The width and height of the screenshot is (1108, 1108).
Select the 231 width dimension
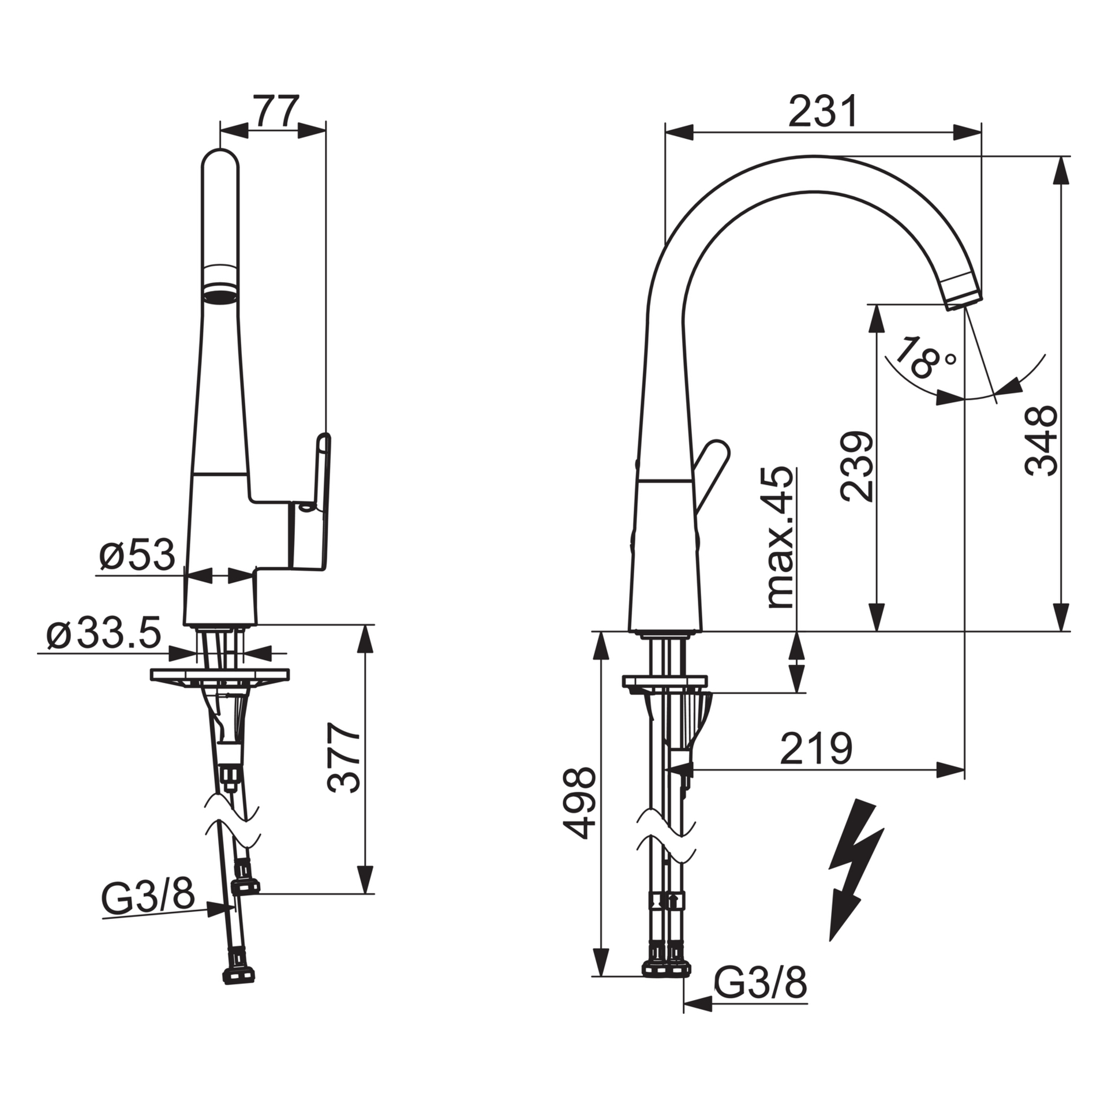click(x=823, y=112)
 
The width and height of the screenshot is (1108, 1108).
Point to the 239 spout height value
click(x=856, y=466)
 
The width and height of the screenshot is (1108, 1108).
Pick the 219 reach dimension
click(x=816, y=749)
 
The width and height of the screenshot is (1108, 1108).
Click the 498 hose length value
click(x=579, y=802)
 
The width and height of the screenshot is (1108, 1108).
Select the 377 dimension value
click(x=344, y=758)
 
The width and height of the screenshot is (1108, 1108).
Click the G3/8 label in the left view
click(x=148, y=897)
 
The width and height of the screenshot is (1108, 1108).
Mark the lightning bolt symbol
click(x=854, y=877)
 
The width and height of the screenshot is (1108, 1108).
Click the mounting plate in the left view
click(x=220, y=675)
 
